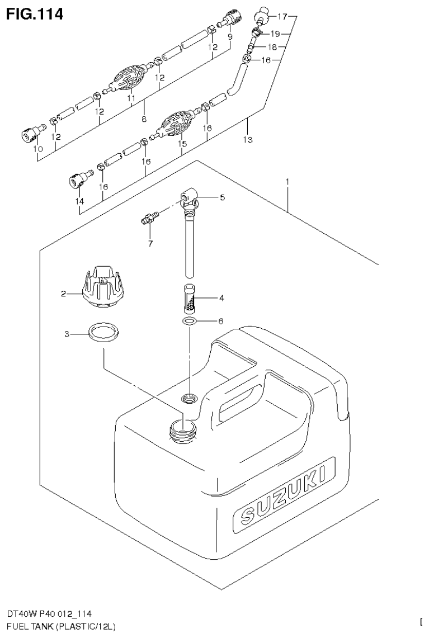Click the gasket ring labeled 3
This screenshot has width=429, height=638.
coord(104,334)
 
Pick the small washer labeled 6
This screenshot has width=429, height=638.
coord(190,322)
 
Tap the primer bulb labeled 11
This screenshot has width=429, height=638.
coord(130,79)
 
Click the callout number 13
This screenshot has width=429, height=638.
coord(247,140)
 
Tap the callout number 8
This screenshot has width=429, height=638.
coord(144,119)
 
